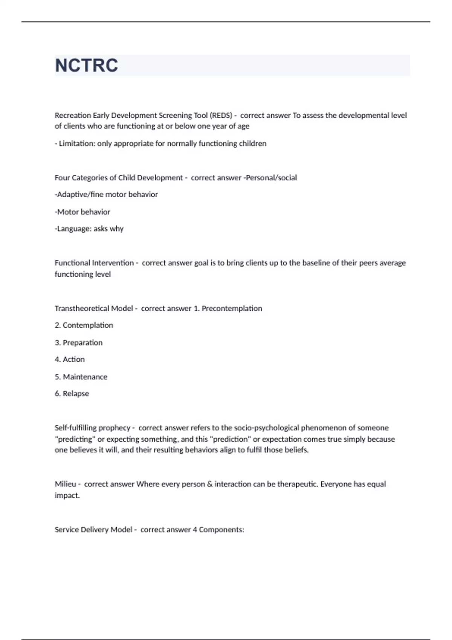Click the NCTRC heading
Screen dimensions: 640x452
pyautogui.click(x=86, y=66)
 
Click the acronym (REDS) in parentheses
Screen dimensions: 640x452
pyautogui.click(x=221, y=115)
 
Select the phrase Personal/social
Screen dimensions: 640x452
pyautogui.click(x=271, y=178)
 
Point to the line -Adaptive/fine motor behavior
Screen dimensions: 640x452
pyautogui.click(x=106, y=195)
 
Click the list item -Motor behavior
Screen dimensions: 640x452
pyautogui.click(x=82, y=212)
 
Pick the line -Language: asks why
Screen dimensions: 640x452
pyautogui.click(x=89, y=229)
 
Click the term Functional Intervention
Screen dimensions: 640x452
pyautogui.click(x=94, y=263)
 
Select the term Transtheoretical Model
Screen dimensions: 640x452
pyautogui.click(x=94, y=308)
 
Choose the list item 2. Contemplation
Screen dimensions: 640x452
pyautogui.click(x=84, y=325)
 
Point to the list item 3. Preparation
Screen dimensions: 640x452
pyautogui.click(x=79, y=343)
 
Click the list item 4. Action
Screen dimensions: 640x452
pyautogui.click(x=70, y=360)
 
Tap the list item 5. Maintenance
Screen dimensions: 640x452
pyautogui.click(x=81, y=377)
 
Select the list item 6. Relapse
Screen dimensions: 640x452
pyautogui.click(x=72, y=394)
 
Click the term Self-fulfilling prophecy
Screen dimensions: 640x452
pyautogui.click(x=92, y=428)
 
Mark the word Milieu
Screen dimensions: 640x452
pyautogui.click(x=65, y=484)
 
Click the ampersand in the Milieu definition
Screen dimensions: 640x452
pyautogui.click(x=209, y=484)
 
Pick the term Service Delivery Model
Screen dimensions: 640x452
pyautogui.click(x=93, y=530)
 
